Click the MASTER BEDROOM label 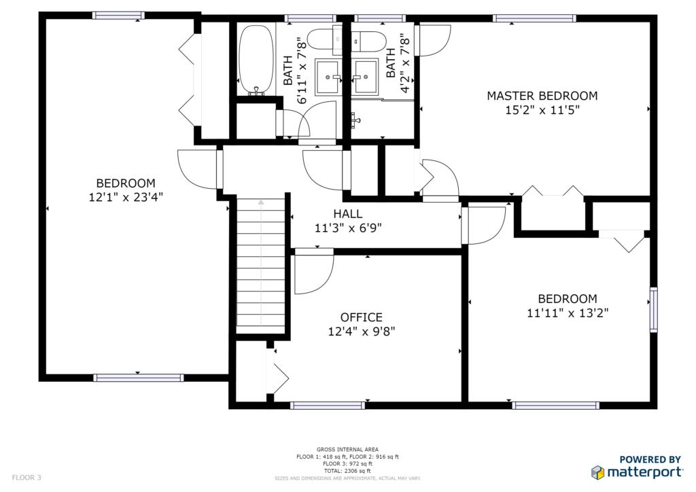click(x=542, y=96)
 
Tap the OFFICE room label click(x=362, y=317)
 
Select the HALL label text click(x=347, y=214)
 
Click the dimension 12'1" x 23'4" click(x=126, y=197)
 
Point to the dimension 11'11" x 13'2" click(x=568, y=313)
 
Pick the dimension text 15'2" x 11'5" click(x=542, y=110)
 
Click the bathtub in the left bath click(x=256, y=60)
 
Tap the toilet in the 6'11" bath click(x=324, y=39)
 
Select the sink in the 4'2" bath click(x=365, y=77)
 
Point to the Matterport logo click(x=637, y=468)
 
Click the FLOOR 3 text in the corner click(x=27, y=477)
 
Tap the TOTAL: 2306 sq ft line click(x=347, y=471)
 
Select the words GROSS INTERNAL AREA click(x=347, y=449)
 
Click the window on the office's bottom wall click(x=328, y=405)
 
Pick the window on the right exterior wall click(x=654, y=310)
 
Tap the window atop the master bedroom click(x=534, y=18)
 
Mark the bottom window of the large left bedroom click(x=139, y=378)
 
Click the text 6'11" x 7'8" click(x=302, y=71)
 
